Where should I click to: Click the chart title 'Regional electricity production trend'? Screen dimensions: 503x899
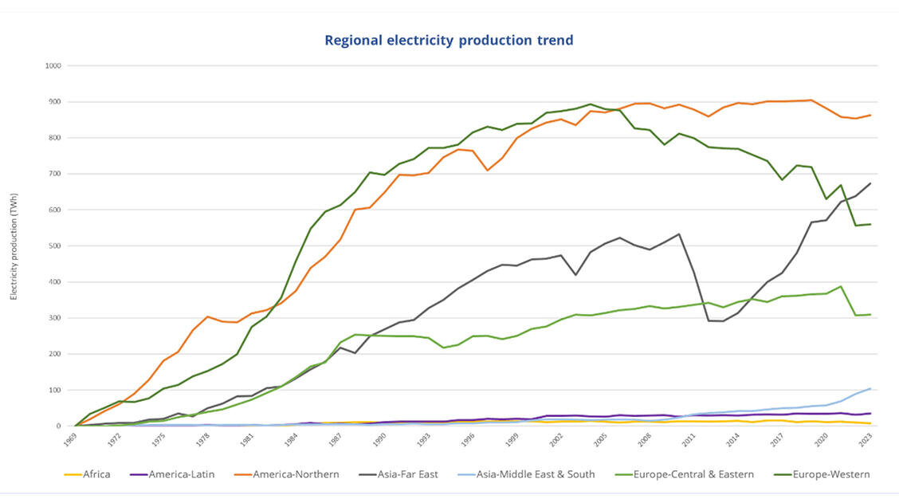coord(449,41)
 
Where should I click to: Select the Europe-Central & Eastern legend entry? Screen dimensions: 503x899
coord(688,474)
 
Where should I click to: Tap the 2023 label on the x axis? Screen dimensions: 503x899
coord(869,439)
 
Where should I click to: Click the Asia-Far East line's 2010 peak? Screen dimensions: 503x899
coord(678,234)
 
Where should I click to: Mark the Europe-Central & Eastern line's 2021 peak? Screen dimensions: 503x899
coord(840,286)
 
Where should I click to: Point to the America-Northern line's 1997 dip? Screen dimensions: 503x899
coord(487,171)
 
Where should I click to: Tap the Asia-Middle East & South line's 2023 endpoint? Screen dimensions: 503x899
coord(870,388)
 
